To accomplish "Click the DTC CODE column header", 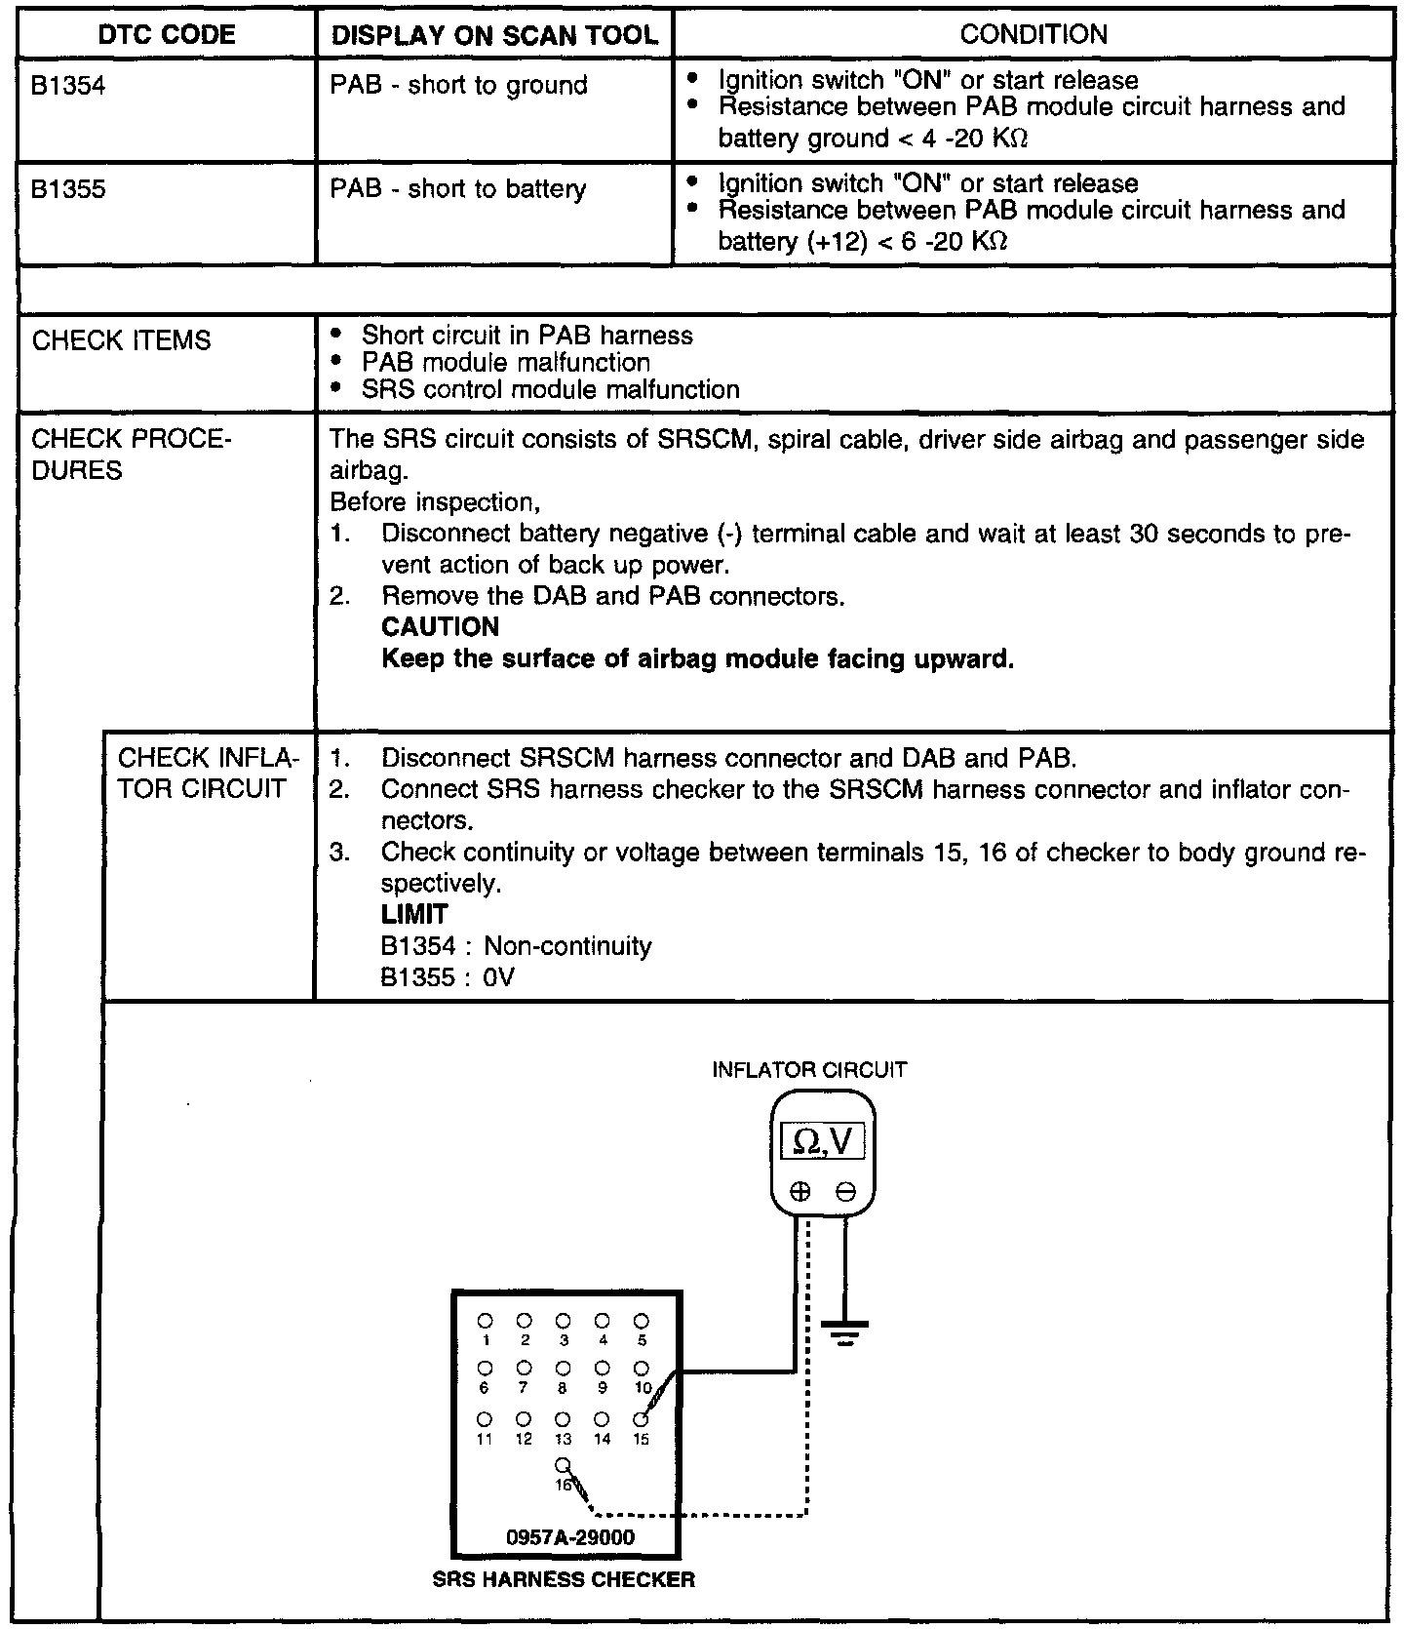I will [x=167, y=35].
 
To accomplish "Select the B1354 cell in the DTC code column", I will [x=68, y=86].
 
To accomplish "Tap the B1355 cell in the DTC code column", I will [x=68, y=189].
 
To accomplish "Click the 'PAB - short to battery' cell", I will [x=458, y=189].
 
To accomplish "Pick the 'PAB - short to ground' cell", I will [x=458, y=86].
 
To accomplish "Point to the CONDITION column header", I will [x=1033, y=35].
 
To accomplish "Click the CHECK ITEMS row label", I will [x=121, y=340].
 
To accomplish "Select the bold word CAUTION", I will [x=440, y=626].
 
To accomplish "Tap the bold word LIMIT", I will [x=414, y=914].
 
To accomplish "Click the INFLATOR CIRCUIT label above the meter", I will [x=809, y=1070].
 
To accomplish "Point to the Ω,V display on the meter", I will [x=823, y=1140].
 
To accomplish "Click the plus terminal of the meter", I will [x=800, y=1191].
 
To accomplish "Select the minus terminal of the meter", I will [x=845, y=1191].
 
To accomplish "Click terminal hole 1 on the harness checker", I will [x=485, y=1321].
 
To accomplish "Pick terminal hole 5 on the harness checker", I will [x=641, y=1321].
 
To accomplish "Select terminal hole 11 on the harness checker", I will [x=485, y=1418].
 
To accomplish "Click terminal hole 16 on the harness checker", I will [x=563, y=1465].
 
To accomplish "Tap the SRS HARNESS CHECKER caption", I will [x=564, y=1580].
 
